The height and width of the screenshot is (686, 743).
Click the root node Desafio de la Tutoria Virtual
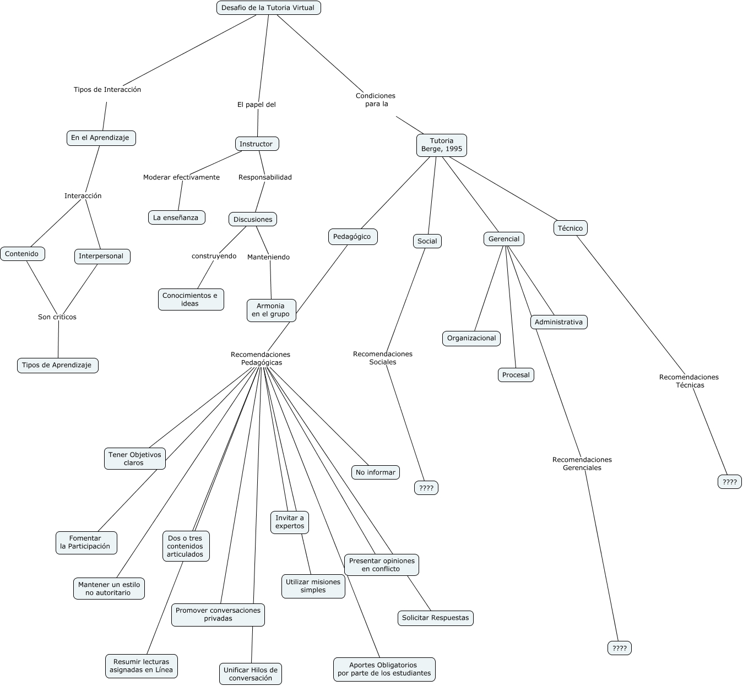[268, 8]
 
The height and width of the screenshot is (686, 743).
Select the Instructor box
[257, 144]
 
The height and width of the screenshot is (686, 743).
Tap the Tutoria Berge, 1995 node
[441, 145]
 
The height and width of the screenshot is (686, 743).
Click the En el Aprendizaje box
[100, 138]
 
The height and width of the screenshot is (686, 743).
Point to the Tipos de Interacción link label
[107, 90]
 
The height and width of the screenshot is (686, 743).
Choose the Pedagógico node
[352, 237]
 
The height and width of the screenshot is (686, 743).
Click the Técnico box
[570, 228]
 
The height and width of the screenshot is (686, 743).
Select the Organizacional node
[471, 338]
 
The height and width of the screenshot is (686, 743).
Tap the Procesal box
[516, 375]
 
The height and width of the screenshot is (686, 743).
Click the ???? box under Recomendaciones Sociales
[426, 488]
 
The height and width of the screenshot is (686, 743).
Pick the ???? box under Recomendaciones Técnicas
[730, 482]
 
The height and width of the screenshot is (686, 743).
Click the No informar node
[376, 472]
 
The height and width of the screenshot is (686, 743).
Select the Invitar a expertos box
[290, 522]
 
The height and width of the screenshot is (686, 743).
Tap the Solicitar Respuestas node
[435, 618]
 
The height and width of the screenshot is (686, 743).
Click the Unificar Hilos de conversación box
[251, 674]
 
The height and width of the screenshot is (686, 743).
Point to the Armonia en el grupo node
[271, 310]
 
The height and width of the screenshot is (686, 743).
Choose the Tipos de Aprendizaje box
[57, 365]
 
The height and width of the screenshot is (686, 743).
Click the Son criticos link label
[57, 317]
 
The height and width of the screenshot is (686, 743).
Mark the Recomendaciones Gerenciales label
[582, 464]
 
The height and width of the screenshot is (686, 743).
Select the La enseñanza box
[176, 217]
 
